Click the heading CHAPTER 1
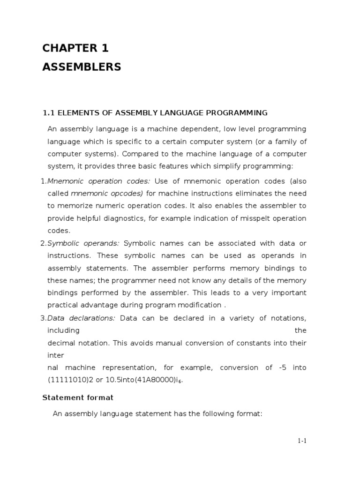[x=75, y=48]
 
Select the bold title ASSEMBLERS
[x=82, y=67]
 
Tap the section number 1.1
[x=49, y=112]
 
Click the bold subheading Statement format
[x=78, y=397]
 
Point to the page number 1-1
[x=301, y=441]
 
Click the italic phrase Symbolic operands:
[x=83, y=243]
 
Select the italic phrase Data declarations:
[x=81, y=318]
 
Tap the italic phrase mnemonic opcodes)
[x=107, y=193]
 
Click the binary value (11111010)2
[x=71, y=380]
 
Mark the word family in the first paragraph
[x=285, y=142]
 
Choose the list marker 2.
[x=43, y=243]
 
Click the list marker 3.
[x=43, y=318]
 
